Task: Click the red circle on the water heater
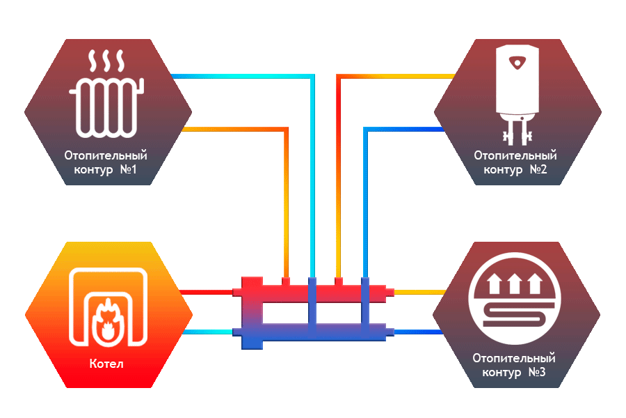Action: [516, 63]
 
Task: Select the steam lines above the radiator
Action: [106, 61]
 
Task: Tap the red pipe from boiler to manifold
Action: [205, 292]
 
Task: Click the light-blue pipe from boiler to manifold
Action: [205, 330]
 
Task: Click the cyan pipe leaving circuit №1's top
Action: [243, 76]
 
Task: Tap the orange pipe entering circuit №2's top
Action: [396, 76]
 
